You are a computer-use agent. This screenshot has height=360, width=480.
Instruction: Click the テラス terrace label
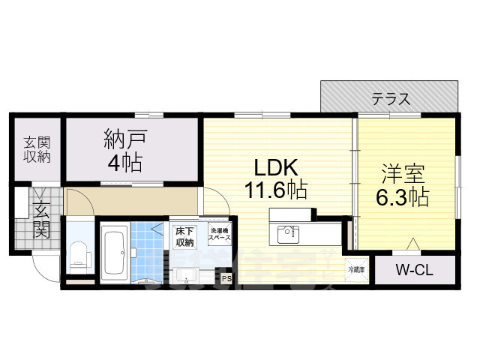(390, 98)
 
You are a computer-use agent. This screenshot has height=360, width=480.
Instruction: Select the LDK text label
(274, 167)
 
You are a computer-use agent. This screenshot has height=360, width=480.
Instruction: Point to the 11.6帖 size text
(274, 190)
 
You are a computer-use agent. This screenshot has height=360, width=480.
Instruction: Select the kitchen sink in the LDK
(287, 235)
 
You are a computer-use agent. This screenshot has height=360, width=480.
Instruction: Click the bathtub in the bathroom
(114, 252)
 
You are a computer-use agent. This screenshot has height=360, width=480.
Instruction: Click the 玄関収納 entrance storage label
(36, 149)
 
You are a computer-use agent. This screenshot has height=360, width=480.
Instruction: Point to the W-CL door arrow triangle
(412, 244)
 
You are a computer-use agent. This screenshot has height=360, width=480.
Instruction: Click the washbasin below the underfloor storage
(187, 275)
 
